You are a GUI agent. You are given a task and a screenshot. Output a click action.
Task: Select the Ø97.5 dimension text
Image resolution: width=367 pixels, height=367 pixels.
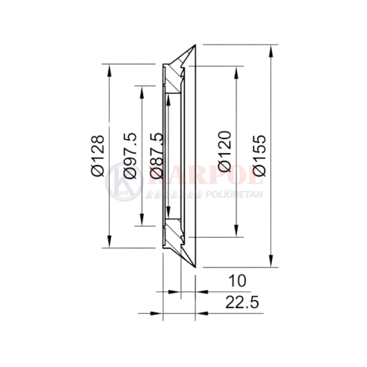tap(130, 156)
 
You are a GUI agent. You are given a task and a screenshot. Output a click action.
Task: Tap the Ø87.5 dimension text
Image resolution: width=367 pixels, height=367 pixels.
tap(156, 156)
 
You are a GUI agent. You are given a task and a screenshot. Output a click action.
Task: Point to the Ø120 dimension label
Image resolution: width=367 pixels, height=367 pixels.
tap(225, 152)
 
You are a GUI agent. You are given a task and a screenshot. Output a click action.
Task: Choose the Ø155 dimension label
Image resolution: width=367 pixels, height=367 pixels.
tap(259, 155)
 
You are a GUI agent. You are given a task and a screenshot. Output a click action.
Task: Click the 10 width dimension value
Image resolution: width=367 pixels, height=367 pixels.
tap(237, 281)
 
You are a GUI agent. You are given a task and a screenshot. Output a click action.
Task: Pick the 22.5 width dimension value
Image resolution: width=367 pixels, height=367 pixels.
tap(242, 302)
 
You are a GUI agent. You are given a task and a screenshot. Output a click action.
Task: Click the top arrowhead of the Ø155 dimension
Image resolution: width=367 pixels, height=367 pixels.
tap(271, 51)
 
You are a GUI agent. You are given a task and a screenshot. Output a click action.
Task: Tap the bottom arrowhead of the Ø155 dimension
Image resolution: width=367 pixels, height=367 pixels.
tap(271, 261)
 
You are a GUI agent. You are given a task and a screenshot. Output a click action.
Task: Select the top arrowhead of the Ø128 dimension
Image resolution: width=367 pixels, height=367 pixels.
tap(109, 70)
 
